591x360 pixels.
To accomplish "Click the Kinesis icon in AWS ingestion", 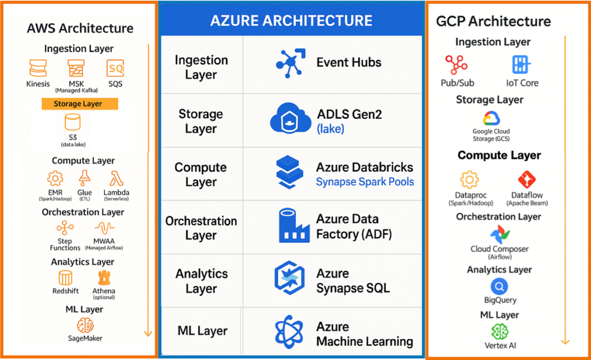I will point(38,69).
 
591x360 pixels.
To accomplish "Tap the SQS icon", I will point(115,69).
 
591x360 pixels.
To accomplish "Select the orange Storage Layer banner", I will point(80,104).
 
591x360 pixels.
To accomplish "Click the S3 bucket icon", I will point(73,122).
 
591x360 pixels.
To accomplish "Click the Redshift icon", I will point(65,278).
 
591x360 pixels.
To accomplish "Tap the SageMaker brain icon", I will point(85,325).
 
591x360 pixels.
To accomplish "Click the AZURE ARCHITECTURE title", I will point(291,21).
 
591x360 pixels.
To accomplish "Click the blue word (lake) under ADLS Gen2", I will point(331,129).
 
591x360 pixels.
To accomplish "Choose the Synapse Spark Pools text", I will point(365,182).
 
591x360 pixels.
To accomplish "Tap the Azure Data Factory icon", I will point(294,226).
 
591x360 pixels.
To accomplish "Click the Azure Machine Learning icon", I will point(291,332).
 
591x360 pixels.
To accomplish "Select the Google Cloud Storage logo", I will point(491,119).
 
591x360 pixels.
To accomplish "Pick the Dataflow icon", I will point(527,180).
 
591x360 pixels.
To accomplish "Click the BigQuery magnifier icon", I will point(500,287).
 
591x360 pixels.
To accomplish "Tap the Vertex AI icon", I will point(500,331).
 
